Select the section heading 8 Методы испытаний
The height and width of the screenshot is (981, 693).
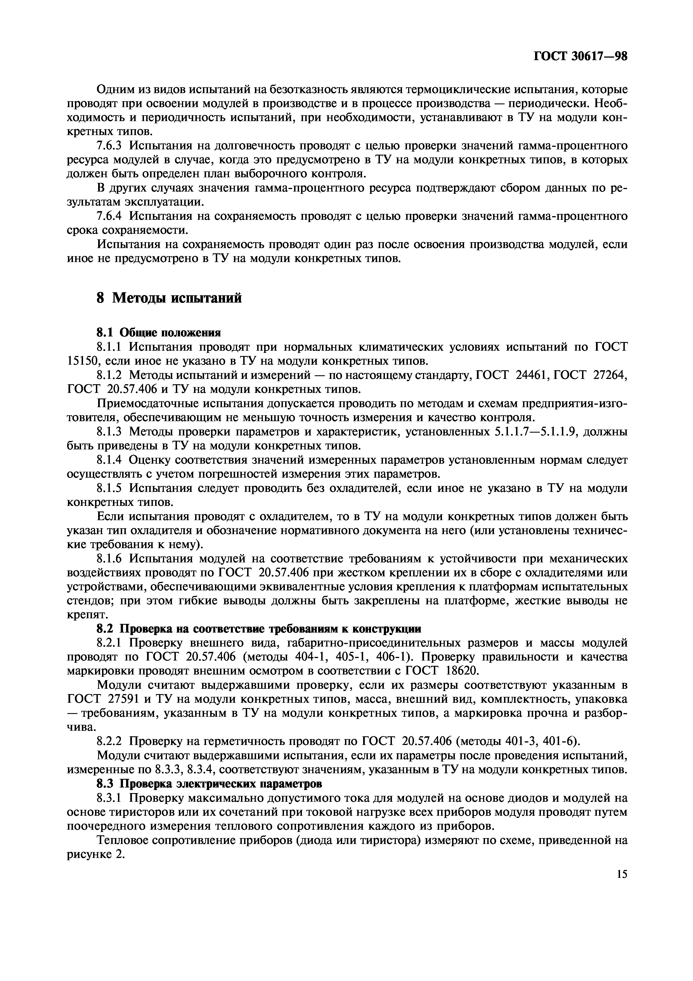(x=169, y=298)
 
